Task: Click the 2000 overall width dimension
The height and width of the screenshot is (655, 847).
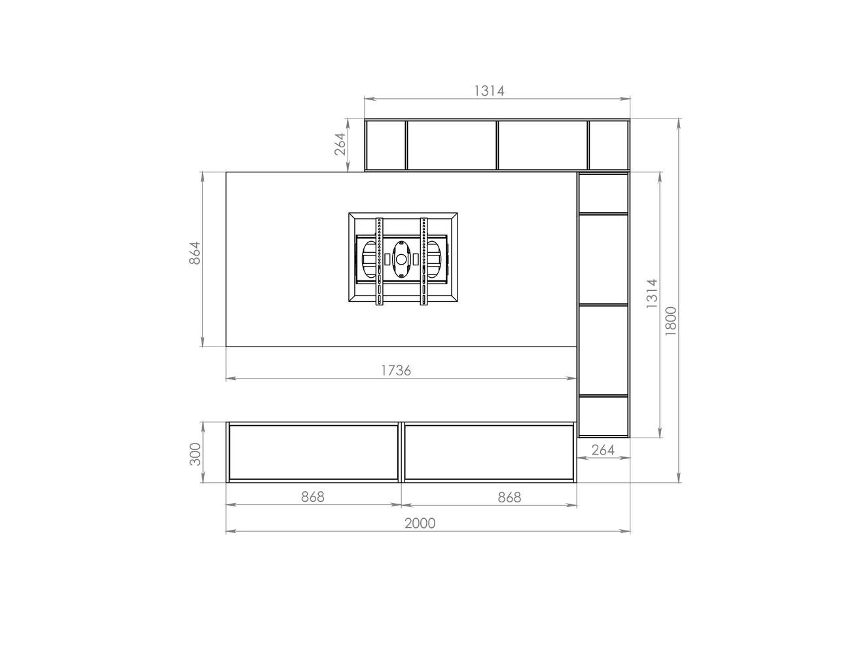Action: pos(420,523)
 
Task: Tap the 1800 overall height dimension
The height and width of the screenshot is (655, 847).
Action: pos(671,321)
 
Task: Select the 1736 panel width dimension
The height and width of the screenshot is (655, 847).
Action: pos(396,370)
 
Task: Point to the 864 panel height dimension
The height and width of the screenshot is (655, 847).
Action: pos(194,253)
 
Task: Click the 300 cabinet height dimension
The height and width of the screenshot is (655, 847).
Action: pos(194,454)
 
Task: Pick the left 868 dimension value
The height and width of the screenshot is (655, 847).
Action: pos(313,496)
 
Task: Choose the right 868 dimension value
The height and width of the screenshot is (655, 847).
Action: pos(509,497)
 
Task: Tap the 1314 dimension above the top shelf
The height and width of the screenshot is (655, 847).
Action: pos(489,91)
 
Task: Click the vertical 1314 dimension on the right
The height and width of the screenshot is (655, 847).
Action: pos(652,293)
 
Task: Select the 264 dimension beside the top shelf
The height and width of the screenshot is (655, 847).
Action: pos(340,144)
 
